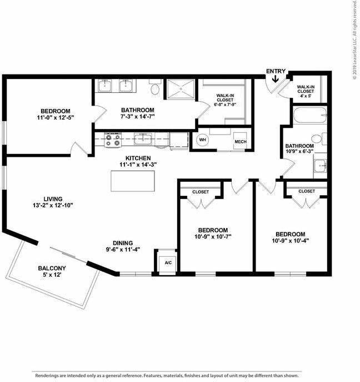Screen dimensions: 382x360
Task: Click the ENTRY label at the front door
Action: [276, 71]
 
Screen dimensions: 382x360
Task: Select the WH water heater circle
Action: [203, 140]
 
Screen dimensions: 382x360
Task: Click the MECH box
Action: [240, 141]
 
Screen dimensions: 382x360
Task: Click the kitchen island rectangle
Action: [133, 181]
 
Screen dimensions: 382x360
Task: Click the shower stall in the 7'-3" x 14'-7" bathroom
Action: [181, 88]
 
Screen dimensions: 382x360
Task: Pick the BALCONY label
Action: [52, 269]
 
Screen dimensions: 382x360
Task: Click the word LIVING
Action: [53, 199]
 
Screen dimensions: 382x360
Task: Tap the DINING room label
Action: [122, 242]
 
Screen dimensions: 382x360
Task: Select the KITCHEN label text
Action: [138, 157]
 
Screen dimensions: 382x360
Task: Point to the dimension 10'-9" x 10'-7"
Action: [213, 237]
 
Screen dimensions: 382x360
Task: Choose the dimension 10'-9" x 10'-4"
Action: [289, 241]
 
